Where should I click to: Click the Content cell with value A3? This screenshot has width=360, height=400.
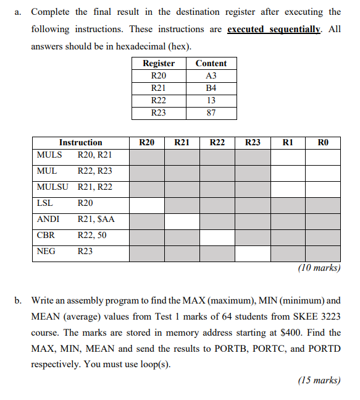pyautogui.click(x=211, y=76)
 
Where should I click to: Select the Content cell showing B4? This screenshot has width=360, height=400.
pyautogui.click(x=211, y=88)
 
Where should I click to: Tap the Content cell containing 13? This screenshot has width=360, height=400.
pyautogui.click(x=211, y=101)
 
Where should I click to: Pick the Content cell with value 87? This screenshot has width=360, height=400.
pyautogui.click(x=211, y=113)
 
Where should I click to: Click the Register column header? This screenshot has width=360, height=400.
pyautogui.click(x=159, y=63)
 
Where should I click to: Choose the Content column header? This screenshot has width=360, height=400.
pyautogui.click(x=211, y=63)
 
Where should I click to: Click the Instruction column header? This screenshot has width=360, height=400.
pyautogui.click(x=80, y=142)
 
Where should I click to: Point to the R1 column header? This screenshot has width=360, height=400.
pyautogui.click(x=287, y=142)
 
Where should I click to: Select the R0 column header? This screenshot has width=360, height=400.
pyautogui.click(x=323, y=142)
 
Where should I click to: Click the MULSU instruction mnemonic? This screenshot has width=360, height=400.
pyautogui.click(x=52, y=187)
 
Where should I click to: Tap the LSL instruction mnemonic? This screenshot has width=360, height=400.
pyautogui.click(x=44, y=203)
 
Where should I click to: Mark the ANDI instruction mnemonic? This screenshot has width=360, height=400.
pyautogui.click(x=48, y=219)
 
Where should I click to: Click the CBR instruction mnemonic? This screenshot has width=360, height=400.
pyautogui.click(x=46, y=235)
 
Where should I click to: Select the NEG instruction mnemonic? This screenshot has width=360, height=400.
pyautogui.click(x=46, y=251)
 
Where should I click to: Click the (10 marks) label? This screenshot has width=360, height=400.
pyautogui.click(x=319, y=268)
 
